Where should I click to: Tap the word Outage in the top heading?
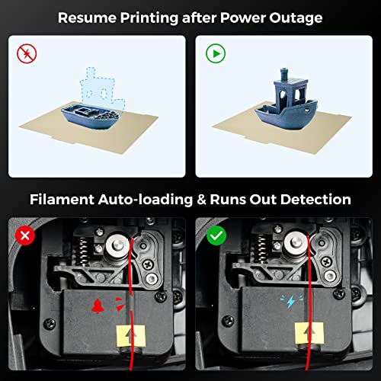(x=296, y=17)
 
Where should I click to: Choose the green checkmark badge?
(x=216, y=236)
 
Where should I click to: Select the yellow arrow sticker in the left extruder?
(x=131, y=334)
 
